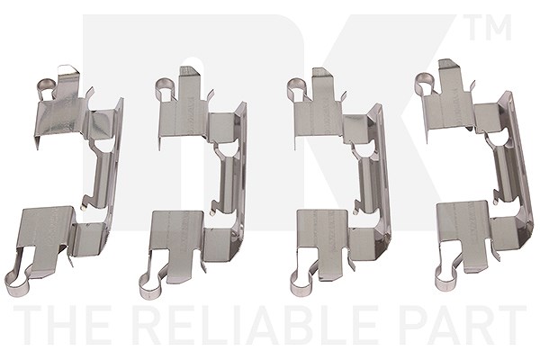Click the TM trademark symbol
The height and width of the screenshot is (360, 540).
490,27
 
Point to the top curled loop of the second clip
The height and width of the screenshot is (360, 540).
163,88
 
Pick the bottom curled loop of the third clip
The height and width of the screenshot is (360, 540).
302,283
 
